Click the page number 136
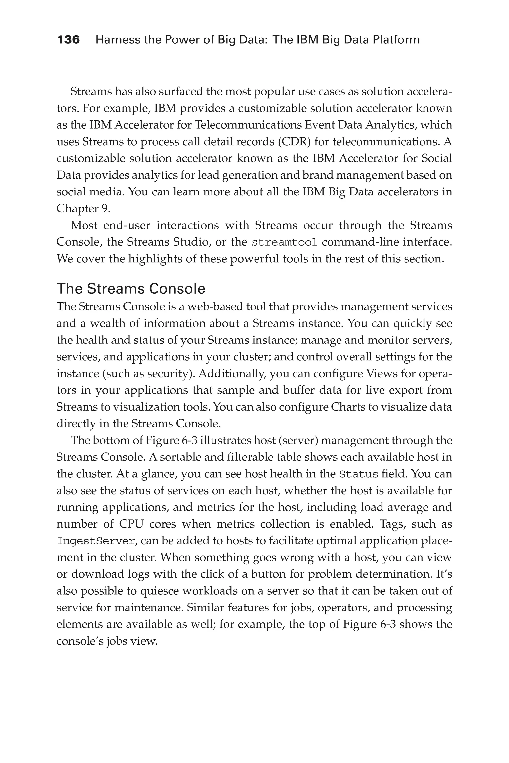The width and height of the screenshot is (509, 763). click(68, 40)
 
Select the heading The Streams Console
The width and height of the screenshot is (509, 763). click(131, 288)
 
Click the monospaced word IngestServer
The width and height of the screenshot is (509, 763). click(96, 541)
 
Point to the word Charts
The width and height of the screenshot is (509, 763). click(349, 407)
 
